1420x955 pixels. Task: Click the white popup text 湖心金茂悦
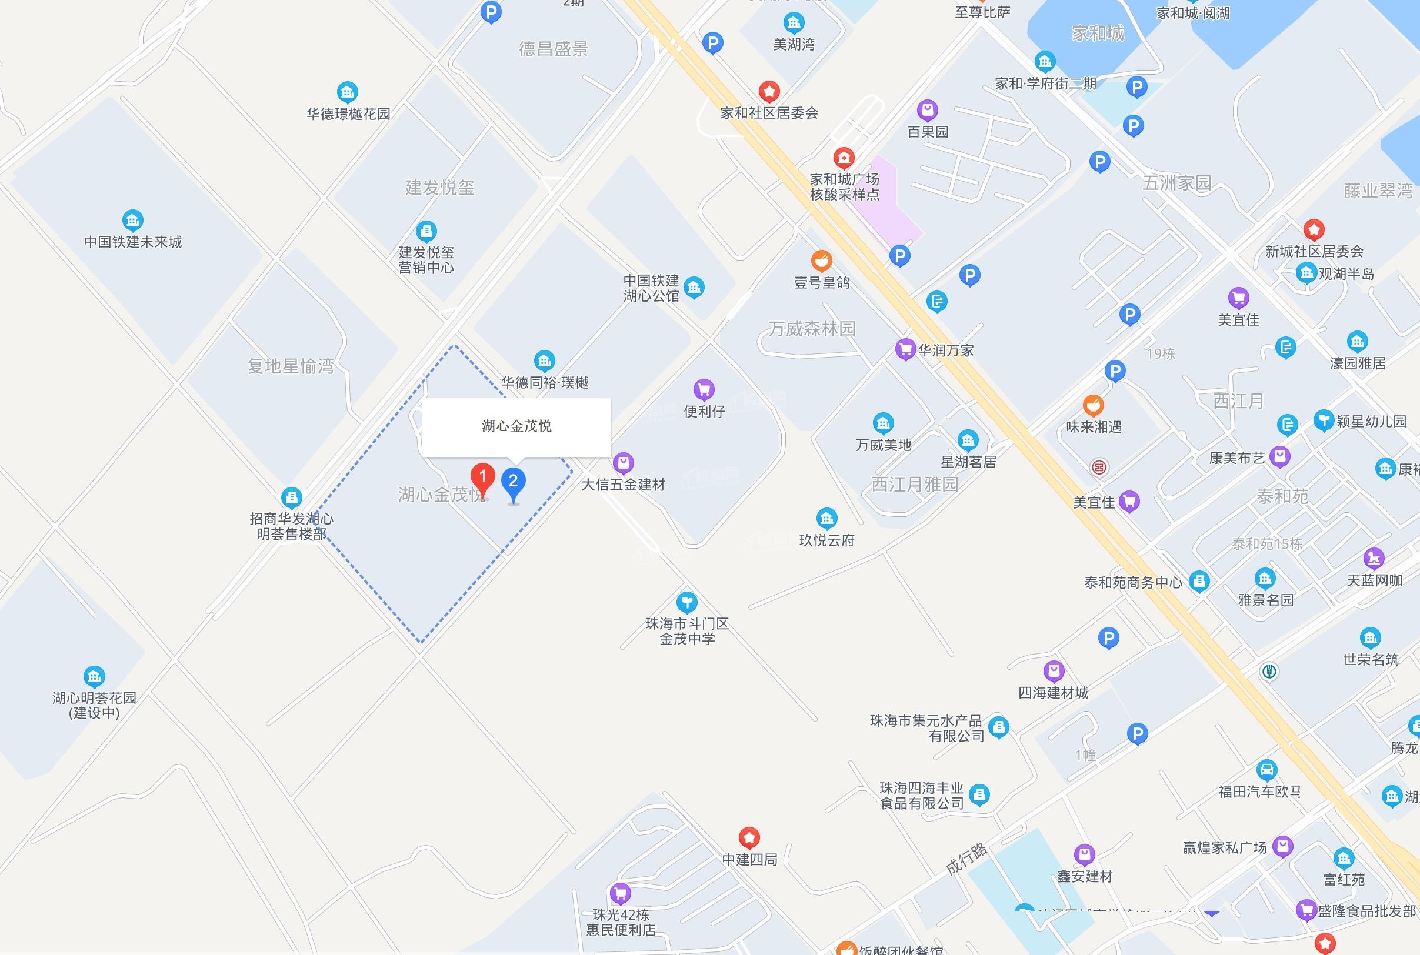tap(516, 426)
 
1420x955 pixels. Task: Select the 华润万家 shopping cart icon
tap(905, 349)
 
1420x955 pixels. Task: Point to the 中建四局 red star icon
tap(749, 838)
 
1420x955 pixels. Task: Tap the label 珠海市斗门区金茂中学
tap(687, 631)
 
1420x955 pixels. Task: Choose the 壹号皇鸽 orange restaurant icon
tap(821, 261)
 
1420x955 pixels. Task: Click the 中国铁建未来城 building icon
tap(132, 221)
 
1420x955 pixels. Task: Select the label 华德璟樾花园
tap(348, 114)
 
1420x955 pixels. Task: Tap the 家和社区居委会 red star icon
tap(769, 92)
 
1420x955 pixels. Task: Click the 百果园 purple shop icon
tap(927, 111)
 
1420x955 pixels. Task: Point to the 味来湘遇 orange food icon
tap(1093, 405)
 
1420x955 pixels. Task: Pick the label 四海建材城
tap(1054, 693)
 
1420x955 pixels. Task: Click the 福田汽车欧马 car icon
tap(1266, 770)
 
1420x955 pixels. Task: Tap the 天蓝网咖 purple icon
tap(1374, 558)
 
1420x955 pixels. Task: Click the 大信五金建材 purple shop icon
tap(623, 463)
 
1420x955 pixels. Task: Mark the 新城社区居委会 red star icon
tap(1314, 229)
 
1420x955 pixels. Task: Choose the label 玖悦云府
tap(826, 540)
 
